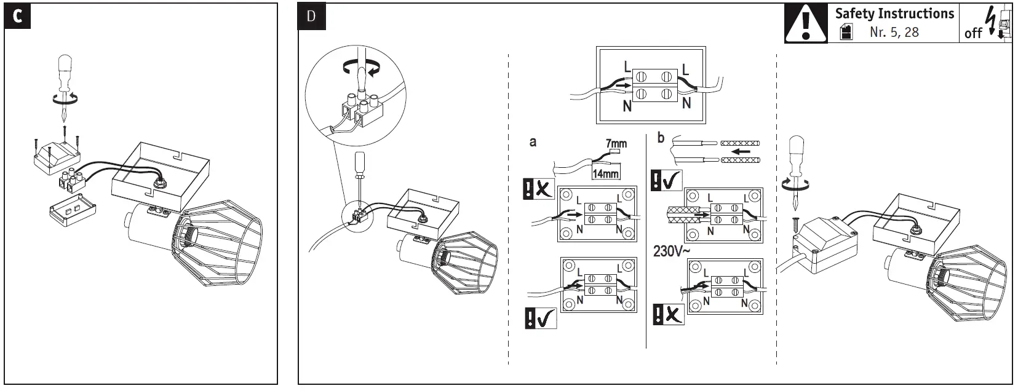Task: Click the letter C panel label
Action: [17, 17]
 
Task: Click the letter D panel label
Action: [311, 17]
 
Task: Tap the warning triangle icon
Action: [806, 24]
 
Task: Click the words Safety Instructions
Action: [894, 14]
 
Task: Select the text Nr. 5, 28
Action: [894, 32]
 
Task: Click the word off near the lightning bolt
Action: [973, 33]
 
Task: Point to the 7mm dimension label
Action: [616, 143]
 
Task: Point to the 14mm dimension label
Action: [605, 173]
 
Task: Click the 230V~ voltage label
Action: [672, 251]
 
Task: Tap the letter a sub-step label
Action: [533, 142]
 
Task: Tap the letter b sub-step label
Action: [661, 138]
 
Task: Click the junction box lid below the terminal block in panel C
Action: [72, 211]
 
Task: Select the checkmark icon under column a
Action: [540, 318]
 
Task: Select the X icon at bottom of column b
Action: [668, 315]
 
